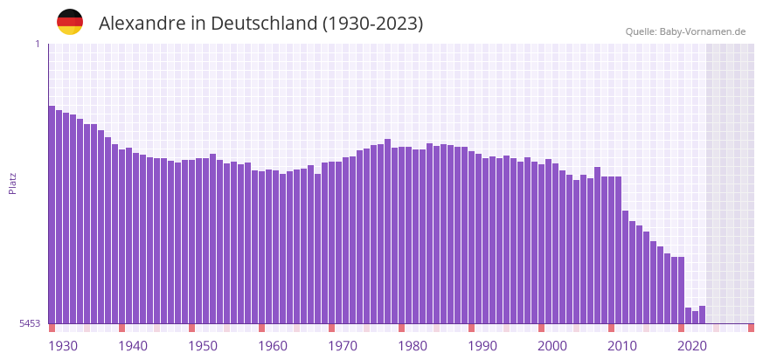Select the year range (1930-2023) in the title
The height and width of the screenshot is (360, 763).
coord(372,24)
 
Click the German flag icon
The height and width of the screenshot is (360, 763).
coord(70,22)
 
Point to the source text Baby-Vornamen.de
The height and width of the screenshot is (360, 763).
coord(703,31)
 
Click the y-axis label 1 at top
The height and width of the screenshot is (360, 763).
coord(37,44)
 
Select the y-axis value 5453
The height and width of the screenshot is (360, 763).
coord(30,323)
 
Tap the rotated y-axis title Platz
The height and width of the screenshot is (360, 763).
coord(13,183)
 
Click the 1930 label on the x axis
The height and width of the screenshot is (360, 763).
coord(63,346)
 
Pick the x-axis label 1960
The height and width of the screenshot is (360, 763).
coord(273,346)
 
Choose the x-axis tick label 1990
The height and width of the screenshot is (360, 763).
coord(482,346)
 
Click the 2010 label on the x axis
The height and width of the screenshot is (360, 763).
coord(622,346)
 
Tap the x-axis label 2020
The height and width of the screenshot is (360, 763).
coord(692,346)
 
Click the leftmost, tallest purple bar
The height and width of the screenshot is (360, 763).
coord(52,214)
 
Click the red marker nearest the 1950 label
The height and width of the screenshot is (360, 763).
coord(191,328)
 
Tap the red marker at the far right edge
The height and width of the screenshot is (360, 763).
coord(751,328)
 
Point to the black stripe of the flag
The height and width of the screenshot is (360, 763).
coord(70,13)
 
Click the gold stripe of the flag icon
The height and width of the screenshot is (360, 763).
coord(70,31)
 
